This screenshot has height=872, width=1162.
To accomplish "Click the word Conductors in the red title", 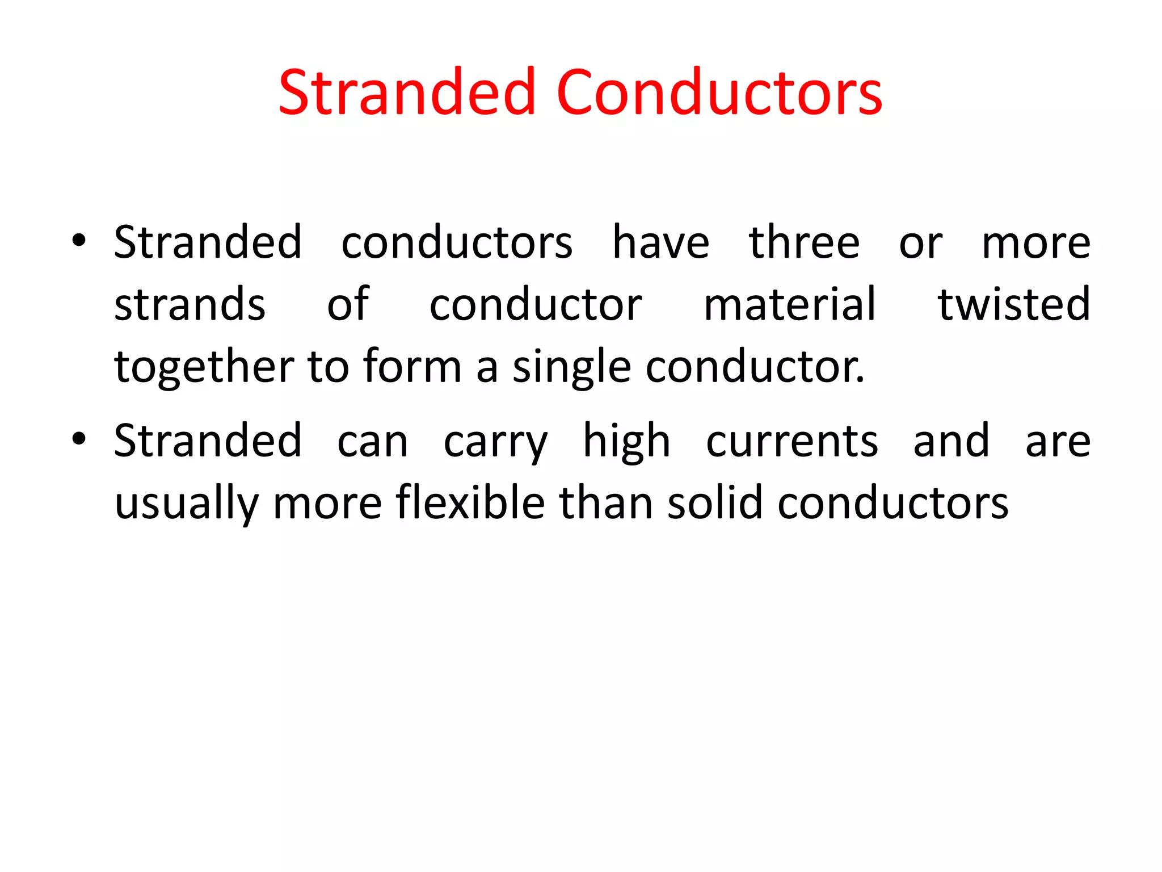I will pyautogui.click(x=719, y=92).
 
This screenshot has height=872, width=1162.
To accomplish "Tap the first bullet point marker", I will pyautogui.click(x=79, y=241).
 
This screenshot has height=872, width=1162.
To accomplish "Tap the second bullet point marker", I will pyautogui.click(x=79, y=439).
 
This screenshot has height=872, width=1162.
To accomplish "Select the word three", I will pyautogui.click(x=804, y=242).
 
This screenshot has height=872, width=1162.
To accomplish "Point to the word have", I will pyautogui.click(x=660, y=242).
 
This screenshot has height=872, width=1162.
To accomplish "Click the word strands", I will pyautogui.click(x=190, y=305).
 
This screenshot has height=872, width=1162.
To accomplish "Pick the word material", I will pyautogui.click(x=790, y=305).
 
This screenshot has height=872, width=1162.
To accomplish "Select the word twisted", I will pyautogui.click(x=1014, y=305).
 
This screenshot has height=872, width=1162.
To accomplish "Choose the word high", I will pyautogui.click(x=626, y=442).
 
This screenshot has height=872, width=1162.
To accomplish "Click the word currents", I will pyautogui.click(x=792, y=442).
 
